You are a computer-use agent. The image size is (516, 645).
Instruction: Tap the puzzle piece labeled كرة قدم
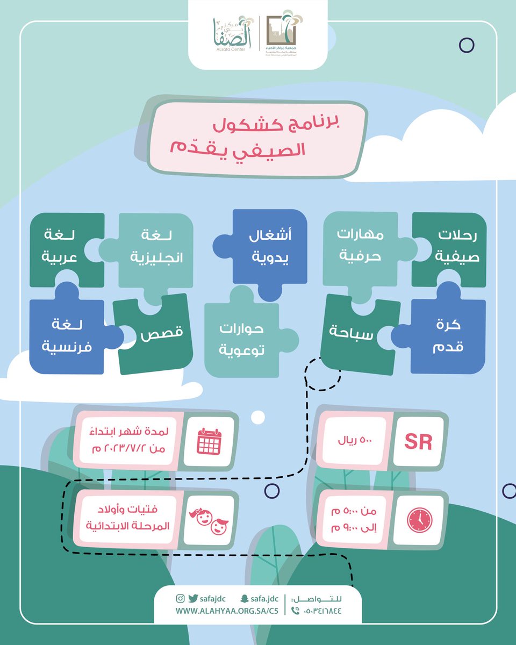447,336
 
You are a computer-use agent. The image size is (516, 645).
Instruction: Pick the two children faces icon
209,519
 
